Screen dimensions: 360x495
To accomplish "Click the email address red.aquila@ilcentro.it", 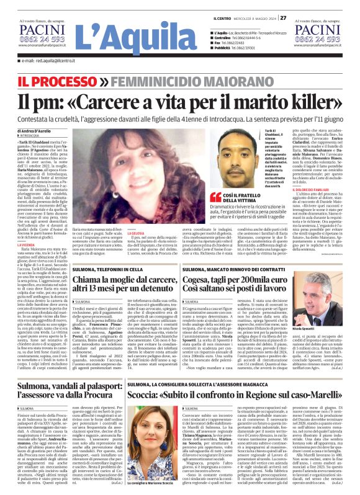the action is pyautogui.click(x=49, y=61).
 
